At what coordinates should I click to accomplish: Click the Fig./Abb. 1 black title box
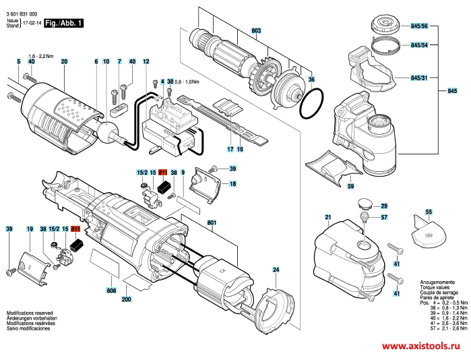click(x=65, y=23)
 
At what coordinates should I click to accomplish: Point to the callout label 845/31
click(x=419, y=78)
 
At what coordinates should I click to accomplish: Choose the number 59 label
click(x=350, y=185)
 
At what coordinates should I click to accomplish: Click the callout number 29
click(x=385, y=206)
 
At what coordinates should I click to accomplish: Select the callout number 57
click(x=385, y=218)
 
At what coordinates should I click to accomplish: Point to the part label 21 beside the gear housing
click(x=328, y=217)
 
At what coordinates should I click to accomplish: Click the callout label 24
click(x=276, y=270)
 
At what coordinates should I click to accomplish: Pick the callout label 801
click(x=212, y=222)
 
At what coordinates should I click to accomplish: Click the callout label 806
click(x=111, y=290)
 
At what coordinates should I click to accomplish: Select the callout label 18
click(x=232, y=183)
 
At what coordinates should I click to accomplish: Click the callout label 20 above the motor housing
click(x=64, y=62)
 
